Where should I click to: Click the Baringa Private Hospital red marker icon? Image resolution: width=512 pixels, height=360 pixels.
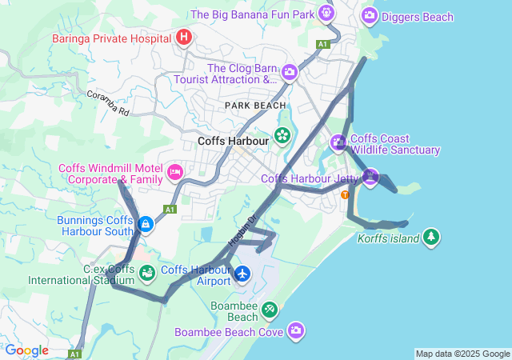(184, 37)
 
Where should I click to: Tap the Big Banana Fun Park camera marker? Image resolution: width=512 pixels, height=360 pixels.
(326, 13)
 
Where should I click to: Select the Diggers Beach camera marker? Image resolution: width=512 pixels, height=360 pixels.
(370, 14)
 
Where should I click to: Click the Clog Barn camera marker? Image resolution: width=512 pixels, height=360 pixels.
(290, 73)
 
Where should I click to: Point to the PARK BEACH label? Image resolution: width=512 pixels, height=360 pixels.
(254, 106)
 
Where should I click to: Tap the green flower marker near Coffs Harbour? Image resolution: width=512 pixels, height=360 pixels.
(282, 135)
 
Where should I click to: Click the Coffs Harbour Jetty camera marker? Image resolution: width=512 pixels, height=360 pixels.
(370, 177)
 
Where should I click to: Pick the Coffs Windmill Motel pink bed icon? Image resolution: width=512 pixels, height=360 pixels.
(175, 171)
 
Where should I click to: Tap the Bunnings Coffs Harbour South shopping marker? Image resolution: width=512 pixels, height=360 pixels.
(146, 225)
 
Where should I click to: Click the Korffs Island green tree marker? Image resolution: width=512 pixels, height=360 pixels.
(431, 237)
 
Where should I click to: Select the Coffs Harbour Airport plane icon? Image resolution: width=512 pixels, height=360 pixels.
(243, 274)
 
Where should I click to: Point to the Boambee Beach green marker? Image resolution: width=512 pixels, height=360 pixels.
(270, 309)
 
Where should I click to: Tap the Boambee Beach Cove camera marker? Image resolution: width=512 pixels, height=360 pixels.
(297, 330)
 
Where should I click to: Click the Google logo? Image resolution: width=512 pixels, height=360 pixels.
(26, 350)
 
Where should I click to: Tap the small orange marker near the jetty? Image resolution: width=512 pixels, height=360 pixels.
(346, 194)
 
